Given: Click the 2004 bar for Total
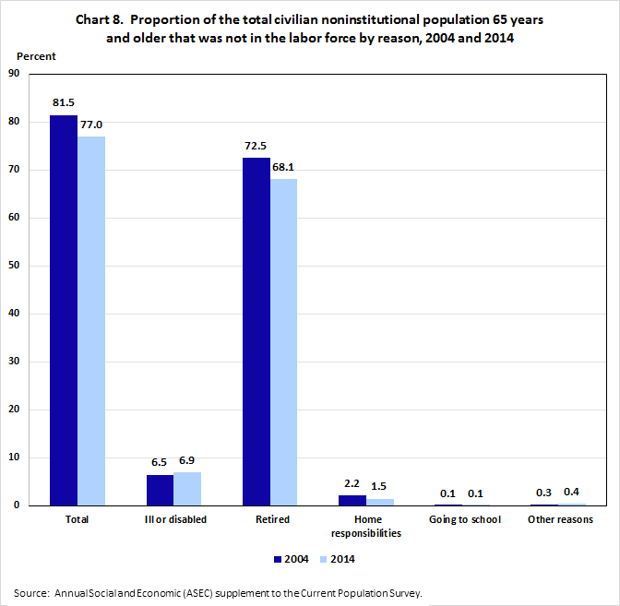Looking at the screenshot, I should click(x=64, y=310).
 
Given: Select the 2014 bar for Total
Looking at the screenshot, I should click(x=91, y=321).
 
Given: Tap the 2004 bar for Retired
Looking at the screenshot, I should click(x=256, y=331).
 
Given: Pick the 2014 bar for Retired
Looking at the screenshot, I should click(x=283, y=342).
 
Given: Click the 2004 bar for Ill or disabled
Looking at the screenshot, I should click(x=160, y=490).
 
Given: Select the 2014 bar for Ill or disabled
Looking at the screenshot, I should click(x=187, y=489).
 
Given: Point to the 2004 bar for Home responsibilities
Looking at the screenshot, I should click(x=352, y=500).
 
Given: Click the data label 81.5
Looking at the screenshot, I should click(x=64, y=102).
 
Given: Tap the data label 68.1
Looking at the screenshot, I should click(x=283, y=166).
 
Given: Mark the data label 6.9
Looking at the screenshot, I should click(x=188, y=459).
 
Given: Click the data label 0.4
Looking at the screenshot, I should click(x=571, y=491).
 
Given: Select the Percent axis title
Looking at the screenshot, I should click(x=37, y=56).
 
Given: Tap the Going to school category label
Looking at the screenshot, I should click(x=465, y=519).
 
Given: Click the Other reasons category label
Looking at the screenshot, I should click(x=561, y=519).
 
